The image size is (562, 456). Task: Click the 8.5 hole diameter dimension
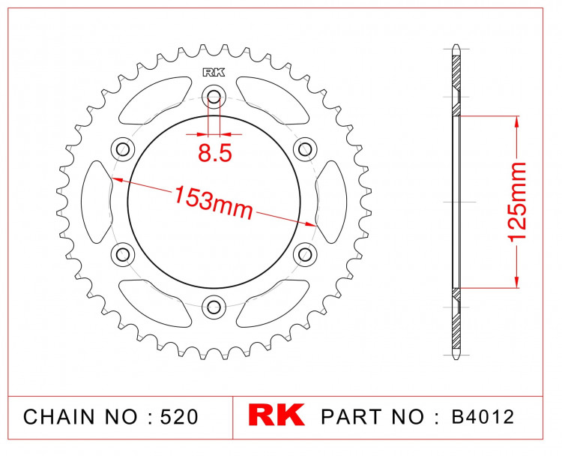pyautogui.click(x=215, y=153)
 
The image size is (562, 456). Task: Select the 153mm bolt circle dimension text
pyautogui.click(x=214, y=202)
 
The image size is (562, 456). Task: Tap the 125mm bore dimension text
pyautogui.click(x=516, y=201)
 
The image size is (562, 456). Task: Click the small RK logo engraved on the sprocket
pyautogui.click(x=214, y=73)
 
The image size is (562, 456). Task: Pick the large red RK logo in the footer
pyautogui.click(x=276, y=415)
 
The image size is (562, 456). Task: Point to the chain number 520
pyautogui.click(x=179, y=417)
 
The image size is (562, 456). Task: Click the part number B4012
pyautogui.click(x=483, y=417)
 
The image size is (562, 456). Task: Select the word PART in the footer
pyautogui.click(x=351, y=417)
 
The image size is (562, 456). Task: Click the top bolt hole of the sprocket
pyautogui.click(x=214, y=96)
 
